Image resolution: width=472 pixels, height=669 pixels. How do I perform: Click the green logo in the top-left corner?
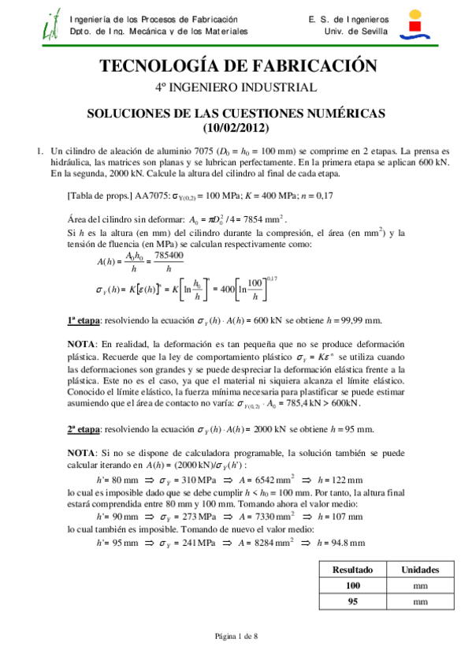51,25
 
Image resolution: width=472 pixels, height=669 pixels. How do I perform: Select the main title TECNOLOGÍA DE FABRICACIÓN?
236,65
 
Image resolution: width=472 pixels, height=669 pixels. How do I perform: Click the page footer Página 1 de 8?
236,637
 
